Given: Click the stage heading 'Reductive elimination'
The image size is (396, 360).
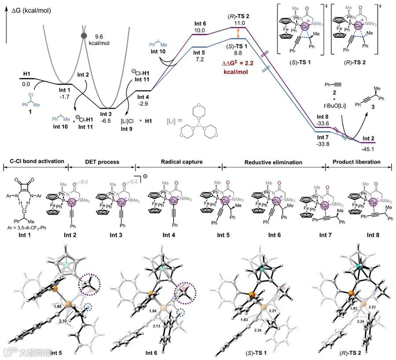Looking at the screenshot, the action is [x=273, y=162].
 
